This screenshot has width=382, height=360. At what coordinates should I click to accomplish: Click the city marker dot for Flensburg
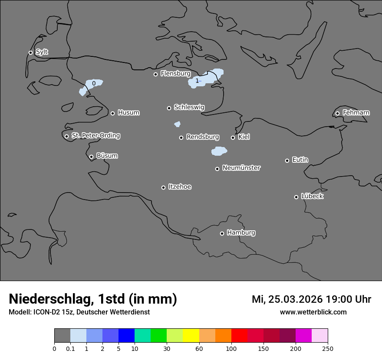click(155, 74)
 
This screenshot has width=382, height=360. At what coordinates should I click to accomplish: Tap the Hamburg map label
click(241, 232)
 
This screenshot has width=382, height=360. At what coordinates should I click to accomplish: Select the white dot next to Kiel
click(233, 137)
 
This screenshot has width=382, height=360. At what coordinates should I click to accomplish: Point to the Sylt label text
click(42, 52)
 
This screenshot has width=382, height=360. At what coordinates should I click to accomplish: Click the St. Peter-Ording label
click(95, 136)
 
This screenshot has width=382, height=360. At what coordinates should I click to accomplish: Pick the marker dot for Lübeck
click(296, 197)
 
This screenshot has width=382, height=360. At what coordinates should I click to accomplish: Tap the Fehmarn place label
click(356, 113)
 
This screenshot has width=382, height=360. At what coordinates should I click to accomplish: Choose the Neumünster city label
click(241, 168)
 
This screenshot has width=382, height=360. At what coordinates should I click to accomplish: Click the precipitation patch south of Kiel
click(219, 151)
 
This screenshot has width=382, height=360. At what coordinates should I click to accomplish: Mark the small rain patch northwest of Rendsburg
click(177, 124)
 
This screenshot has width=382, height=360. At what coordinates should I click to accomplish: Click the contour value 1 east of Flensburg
click(197, 81)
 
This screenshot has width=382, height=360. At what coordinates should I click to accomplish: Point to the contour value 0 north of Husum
click(94, 83)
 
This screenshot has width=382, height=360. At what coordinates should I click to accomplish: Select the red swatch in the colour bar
click(239, 336)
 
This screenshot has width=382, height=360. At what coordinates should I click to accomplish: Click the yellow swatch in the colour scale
click(191, 336)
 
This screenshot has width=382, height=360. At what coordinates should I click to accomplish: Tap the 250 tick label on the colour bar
click(328, 349)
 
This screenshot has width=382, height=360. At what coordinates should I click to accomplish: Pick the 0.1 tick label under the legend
click(70, 349)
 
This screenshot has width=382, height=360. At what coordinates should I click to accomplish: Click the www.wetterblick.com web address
click(313, 312)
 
